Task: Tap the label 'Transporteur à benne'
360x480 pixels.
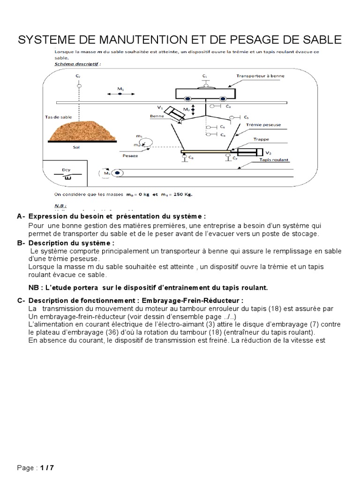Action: (x=260, y=75)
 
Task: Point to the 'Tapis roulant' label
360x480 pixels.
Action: (x=272, y=160)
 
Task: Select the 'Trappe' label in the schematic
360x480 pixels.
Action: (x=261, y=139)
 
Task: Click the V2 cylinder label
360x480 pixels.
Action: (x=268, y=153)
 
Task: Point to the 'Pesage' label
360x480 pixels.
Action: (x=130, y=155)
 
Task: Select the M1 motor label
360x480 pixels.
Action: (x=120, y=88)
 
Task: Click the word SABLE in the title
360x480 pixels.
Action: (x=319, y=40)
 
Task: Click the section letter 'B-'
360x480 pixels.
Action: (x=21, y=243)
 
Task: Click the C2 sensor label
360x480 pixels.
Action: (x=78, y=75)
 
